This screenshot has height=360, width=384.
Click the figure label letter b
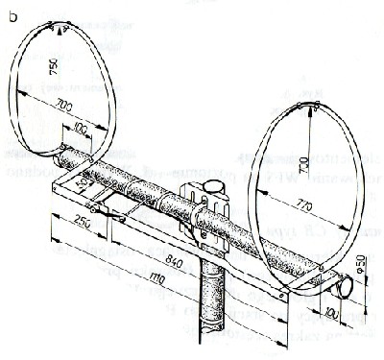pyautogui.click(x=12, y=16)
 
